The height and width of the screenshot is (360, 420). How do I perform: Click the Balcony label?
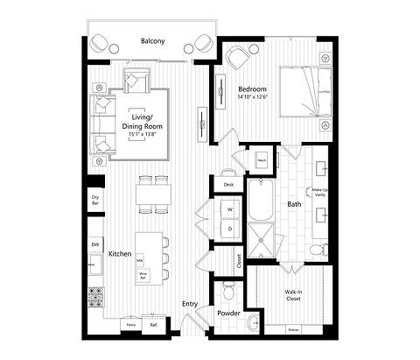tap(153, 40)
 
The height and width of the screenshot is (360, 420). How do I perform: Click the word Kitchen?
tap(120, 254)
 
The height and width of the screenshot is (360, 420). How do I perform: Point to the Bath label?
tap(295, 204)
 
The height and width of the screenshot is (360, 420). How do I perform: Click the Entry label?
tap(189, 304)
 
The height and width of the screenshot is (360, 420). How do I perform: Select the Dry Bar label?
tap(94, 201)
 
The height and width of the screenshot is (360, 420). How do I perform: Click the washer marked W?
tap(229, 210)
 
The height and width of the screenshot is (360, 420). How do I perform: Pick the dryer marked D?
tap(229, 229)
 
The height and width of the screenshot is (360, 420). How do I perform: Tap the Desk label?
tap(228, 185)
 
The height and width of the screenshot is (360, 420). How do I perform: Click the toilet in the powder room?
tap(229, 289)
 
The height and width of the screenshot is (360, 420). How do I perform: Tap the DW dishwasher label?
tap(94, 244)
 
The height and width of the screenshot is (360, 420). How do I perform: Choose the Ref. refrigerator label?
tap(154, 324)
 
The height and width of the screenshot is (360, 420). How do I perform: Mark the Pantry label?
tap(129, 324)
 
